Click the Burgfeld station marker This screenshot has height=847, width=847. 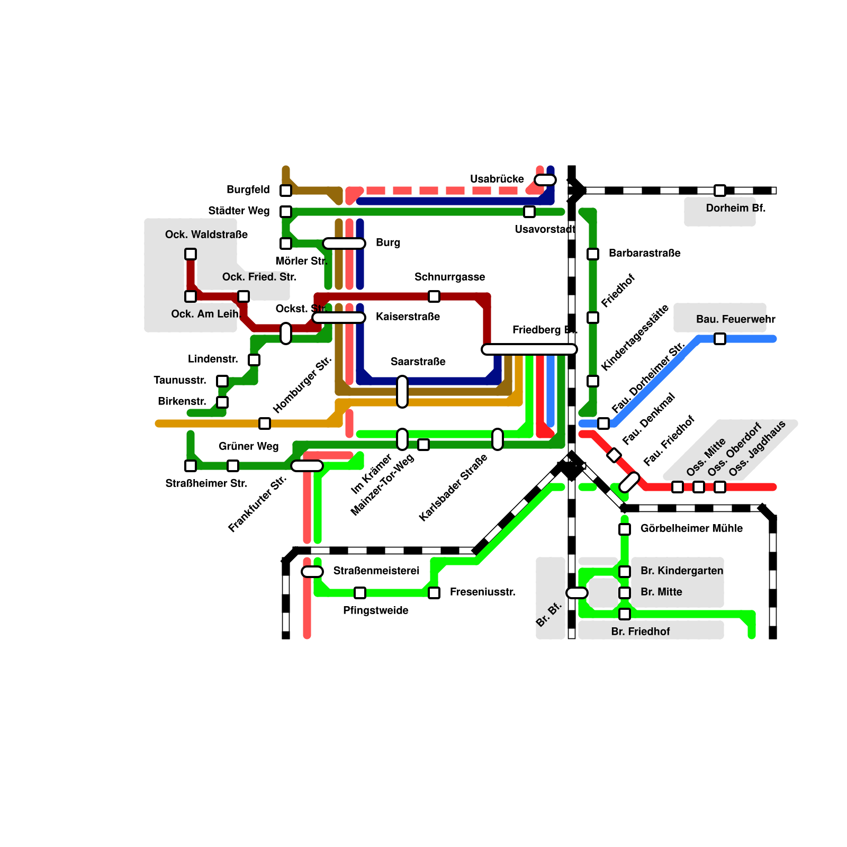coord(286,191)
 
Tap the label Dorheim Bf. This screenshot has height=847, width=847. coord(735,208)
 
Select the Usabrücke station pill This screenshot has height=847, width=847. coord(545,180)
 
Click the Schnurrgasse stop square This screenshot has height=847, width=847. coord(434,296)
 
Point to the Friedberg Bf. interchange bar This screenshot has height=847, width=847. coord(529,349)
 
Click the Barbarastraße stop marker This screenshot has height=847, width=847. coord(593,254)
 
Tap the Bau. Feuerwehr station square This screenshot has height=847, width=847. coord(720,339)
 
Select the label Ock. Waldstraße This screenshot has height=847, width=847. coord(206,235)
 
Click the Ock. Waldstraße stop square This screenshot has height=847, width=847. coord(191,254)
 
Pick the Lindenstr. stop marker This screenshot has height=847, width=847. coord(254,360)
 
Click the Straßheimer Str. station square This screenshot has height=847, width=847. coord(191,466)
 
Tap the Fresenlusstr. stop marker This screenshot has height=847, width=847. coord(434,593)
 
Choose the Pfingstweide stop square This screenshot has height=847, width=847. coord(360,593)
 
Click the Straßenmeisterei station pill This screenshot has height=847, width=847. coord(312,572)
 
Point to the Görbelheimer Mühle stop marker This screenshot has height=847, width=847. coord(625,529)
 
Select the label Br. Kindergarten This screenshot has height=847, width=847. coord(682,571)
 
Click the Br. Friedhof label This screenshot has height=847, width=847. coord(640,632)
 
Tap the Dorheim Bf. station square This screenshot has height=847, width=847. coord(720,191)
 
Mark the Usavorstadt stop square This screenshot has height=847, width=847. coord(529,212)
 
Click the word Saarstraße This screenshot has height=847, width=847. coord(418,362)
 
